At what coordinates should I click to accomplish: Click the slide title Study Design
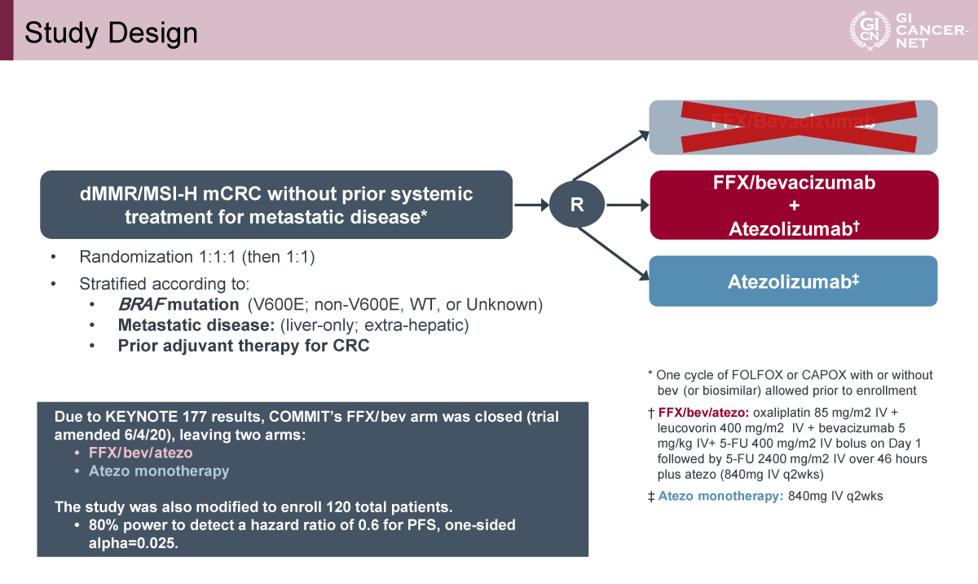click(x=111, y=33)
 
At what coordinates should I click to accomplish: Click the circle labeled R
click(x=577, y=205)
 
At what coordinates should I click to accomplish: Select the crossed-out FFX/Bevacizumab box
click(x=793, y=127)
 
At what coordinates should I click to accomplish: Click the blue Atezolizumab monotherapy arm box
click(x=793, y=281)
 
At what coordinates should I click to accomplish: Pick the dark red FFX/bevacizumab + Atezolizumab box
click(x=793, y=206)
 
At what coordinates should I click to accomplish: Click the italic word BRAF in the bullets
click(x=140, y=305)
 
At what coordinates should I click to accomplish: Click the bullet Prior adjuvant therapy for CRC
click(x=244, y=346)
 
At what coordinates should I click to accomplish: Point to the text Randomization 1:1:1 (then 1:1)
click(x=196, y=257)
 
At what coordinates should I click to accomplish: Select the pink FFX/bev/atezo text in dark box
click(x=134, y=452)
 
